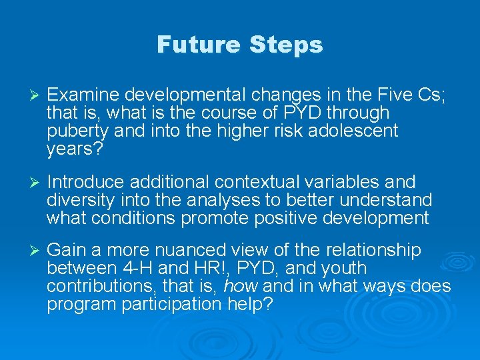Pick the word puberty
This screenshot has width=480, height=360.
(x=71, y=131)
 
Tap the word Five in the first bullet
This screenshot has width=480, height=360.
(x=394, y=96)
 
